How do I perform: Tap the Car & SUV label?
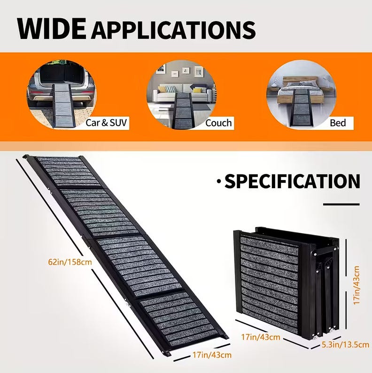pyautogui.click(x=107, y=123)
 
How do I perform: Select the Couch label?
pyautogui.click(x=218, y=123)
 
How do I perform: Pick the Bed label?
pyautogui.click(x=337, y=123)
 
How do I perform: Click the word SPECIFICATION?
pyautogui.click(x=292, y=182)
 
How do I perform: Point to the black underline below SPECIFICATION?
pyautogui.click(x=341, y=204)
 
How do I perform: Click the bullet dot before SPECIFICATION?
pyautogui.click(x=218, y=181)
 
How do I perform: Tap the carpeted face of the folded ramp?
pyautogui.click(x=269, y=282)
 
